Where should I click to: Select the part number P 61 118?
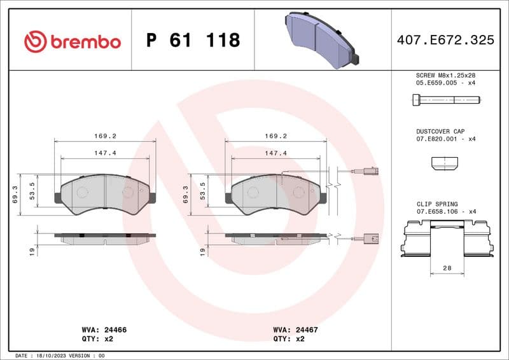pyautogui.click(x=193, y=41)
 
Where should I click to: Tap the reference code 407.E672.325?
pyautogui.click(x=445, y=40)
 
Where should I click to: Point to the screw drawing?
pyautogui.click(x=445, y=99)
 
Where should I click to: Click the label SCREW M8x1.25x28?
pyautogui.click(x=445, y=75)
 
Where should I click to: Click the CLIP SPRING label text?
pyautogui.click(x=436, y=204)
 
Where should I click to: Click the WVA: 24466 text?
pyautogui.click(x=104, y=330)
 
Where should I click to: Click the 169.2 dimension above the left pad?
pyautogui.click(x=105, y=136)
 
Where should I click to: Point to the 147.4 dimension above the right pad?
pyautogui.click(x=276, y=153)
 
